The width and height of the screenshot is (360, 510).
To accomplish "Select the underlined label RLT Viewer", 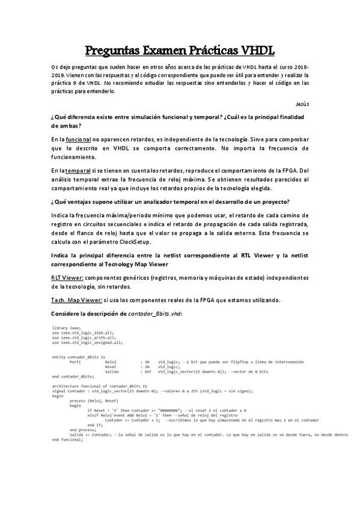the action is (x=67, y=277).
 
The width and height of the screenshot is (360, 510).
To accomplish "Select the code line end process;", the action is (x=82, y=430).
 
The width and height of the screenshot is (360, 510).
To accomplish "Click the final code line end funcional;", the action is (x=67, y=440).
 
